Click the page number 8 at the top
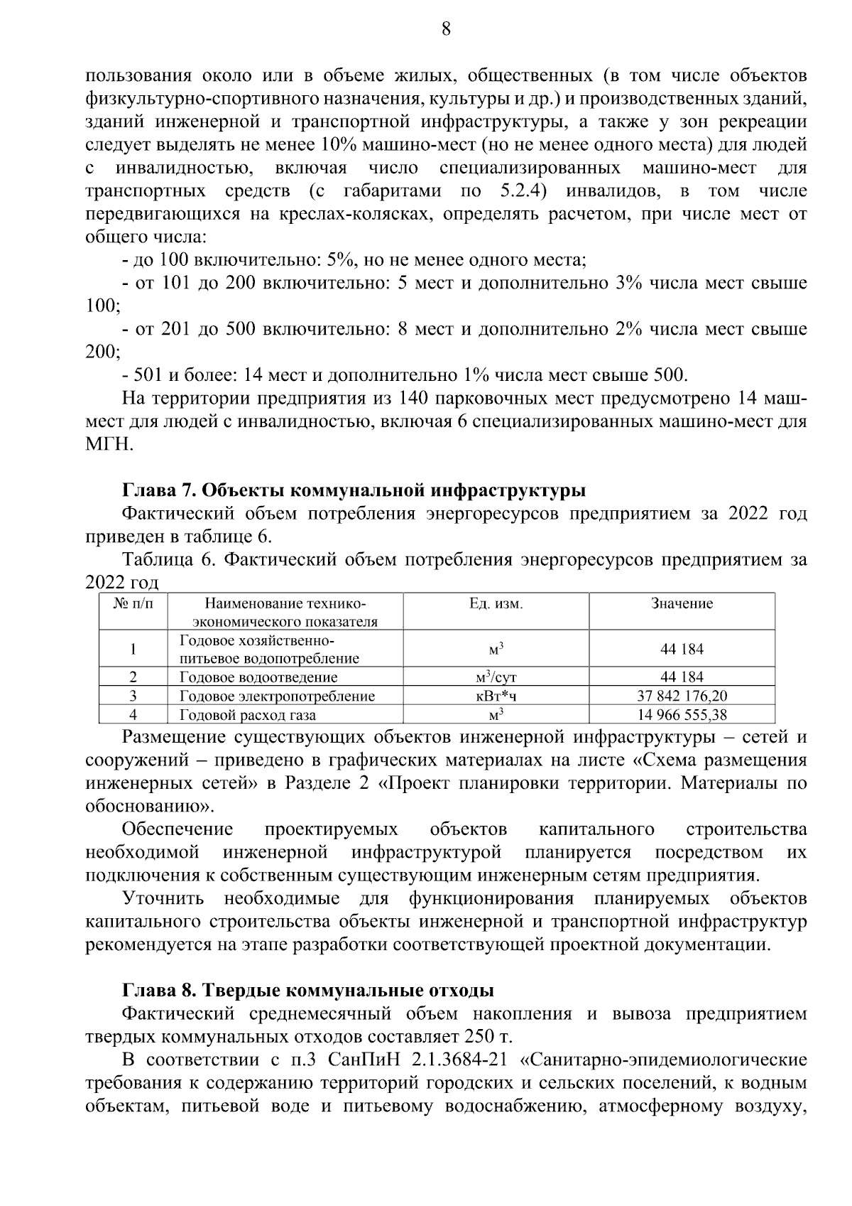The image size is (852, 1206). click(446, 29)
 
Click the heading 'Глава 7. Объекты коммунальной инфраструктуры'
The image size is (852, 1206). click(354, 490)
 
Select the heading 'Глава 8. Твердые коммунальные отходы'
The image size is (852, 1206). click(308, 990)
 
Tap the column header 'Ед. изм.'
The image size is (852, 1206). click(496, 604)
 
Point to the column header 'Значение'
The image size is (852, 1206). click(682, 604)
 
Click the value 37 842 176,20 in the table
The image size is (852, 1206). click(682, 696)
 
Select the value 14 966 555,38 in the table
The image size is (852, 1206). click(682, 715)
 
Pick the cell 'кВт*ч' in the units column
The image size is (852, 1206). click(496, 696)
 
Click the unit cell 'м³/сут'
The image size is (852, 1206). click(496, 677)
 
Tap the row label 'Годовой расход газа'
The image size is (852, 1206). click(248, 715)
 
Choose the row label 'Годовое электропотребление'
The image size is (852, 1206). click(277, 696)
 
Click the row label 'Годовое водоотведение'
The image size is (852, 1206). click(258, 677)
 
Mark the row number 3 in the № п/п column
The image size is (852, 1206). click(133, 696)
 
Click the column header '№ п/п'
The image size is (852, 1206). click(133, 604)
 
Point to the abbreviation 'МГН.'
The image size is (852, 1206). click(109, 444)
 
